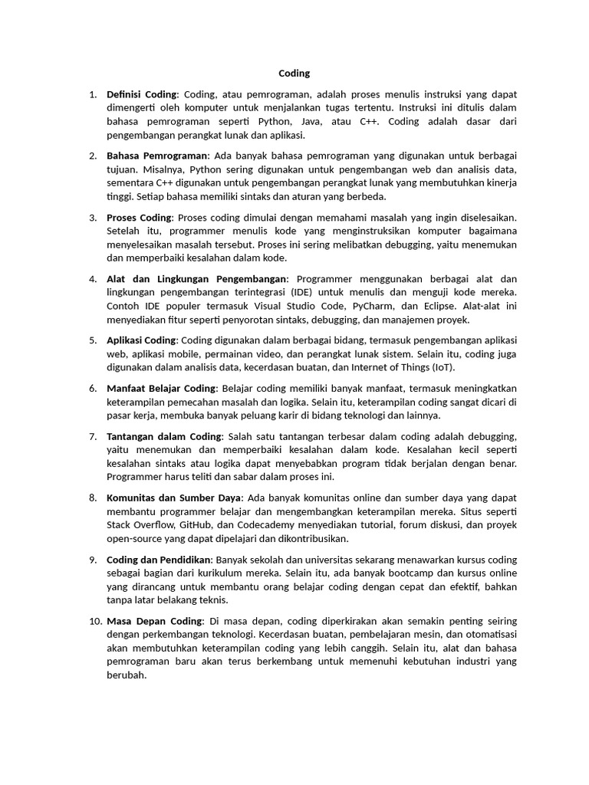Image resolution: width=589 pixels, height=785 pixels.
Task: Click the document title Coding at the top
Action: pos(294,74)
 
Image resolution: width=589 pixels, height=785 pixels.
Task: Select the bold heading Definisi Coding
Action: pos(142,94)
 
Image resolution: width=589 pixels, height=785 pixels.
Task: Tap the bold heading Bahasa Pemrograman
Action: pos(157,156)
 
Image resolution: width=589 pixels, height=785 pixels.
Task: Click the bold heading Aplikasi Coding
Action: pos(141,340)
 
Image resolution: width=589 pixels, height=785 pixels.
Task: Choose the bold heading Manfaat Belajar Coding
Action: pos(162,389)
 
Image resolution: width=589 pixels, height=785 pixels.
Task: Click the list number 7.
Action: pos(92,436)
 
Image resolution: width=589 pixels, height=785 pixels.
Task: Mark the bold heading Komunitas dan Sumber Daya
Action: pos(174,498)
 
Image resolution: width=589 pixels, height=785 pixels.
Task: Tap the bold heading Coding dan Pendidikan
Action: pos(158,560)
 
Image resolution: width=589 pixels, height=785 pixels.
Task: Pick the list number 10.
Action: pos(94,621)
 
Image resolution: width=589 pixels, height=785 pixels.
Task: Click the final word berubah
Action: pos(126,676)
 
